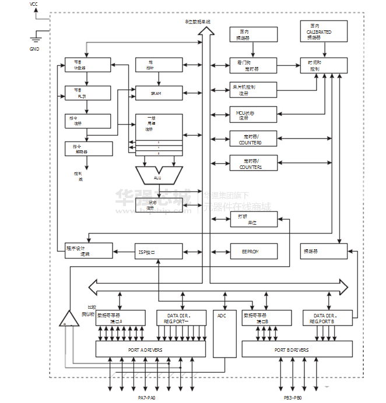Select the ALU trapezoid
[x=158, y=175]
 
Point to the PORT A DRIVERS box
[x=150, y=349]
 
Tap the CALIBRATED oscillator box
[x=323, y=31]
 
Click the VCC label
[x=34, y=4]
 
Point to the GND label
[x=34, y=49]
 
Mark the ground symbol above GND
[x=36, y=38]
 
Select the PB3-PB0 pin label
[x=289, y=398]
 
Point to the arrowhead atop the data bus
[x=203, y=31]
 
